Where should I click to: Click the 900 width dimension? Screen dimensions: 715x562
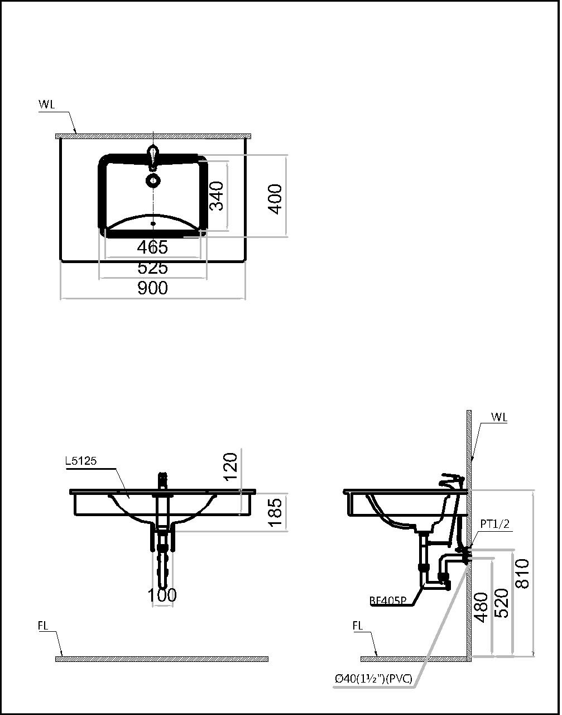152,288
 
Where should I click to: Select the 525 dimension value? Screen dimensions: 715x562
152,268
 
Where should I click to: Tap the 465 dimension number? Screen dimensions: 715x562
152,247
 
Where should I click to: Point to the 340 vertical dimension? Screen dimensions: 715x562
217,196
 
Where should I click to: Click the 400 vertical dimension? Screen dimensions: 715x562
275,198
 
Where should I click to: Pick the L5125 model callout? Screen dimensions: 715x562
81,461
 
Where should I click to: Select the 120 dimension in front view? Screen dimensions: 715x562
230,466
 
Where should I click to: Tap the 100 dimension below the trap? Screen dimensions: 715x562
162,595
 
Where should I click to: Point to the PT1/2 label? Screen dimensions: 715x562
494,524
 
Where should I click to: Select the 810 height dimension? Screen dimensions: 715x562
522,574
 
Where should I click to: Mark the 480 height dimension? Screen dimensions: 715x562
481,607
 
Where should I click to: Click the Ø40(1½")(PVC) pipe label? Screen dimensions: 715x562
373,679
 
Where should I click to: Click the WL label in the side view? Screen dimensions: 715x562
499,417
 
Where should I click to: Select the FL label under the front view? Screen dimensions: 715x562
43,626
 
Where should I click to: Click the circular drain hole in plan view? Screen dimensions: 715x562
152,180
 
